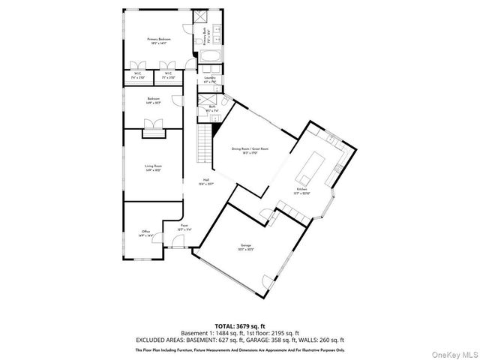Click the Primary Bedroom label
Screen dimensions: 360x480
click(159, 39)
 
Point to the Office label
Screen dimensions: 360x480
click(145, 232)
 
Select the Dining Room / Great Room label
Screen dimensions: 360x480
click(250, 149)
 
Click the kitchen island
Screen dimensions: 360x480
click(309, 169)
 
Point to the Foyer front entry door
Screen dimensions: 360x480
click(177, 241)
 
